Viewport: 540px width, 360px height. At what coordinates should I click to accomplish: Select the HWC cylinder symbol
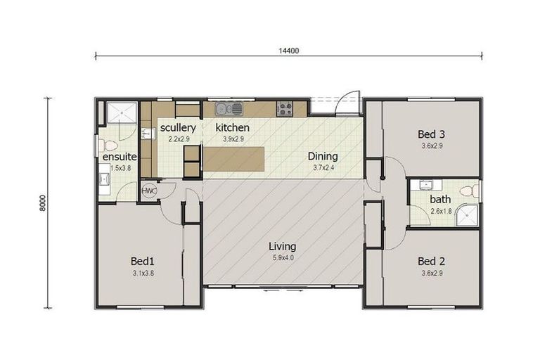149,191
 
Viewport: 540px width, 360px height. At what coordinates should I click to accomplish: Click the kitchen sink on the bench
229,108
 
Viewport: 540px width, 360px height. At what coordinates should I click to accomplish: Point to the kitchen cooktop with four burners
285,108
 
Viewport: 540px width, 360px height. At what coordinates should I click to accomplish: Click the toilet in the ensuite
109,146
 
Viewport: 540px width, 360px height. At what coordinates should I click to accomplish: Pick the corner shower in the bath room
467,214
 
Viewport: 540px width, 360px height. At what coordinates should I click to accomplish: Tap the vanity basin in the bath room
425,186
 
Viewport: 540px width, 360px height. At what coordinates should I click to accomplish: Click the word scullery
177,128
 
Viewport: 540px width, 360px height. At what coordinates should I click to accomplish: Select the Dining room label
323,156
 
